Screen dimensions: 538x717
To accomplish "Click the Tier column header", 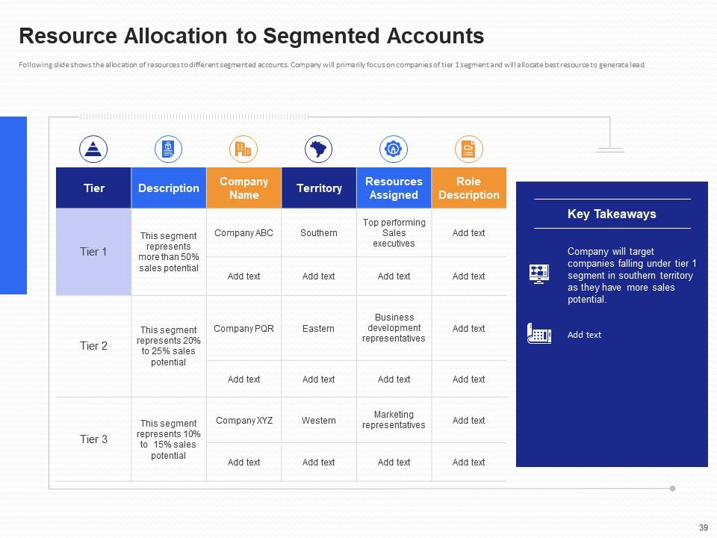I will click(93, 188).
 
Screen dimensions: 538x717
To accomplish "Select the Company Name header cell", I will click(243, 188).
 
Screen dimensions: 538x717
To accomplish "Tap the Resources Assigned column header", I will click(394, 188).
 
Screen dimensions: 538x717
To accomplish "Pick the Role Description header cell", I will click(468, 188).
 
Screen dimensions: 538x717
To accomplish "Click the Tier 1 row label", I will click(93, 252).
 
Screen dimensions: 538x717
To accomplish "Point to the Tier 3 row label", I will click(93, 439).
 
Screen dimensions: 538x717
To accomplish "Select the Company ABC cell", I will click(243, 233).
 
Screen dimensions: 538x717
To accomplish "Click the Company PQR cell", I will click(243, 329).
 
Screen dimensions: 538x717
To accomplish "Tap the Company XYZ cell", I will click(243, 421).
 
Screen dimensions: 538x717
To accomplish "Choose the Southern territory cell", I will click(319, 233).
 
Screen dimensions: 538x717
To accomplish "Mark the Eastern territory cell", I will click(319, 329).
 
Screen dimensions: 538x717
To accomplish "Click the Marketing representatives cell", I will click(394, 420).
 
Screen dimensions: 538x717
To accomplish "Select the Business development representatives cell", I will click(394, 328).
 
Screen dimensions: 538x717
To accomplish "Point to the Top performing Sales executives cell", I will click(394, 233).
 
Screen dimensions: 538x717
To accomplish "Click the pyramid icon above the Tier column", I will click(93, 149).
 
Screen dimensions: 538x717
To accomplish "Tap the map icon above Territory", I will click(319, 149).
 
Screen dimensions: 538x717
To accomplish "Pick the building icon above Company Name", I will click(243, 149).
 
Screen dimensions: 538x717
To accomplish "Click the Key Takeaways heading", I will click(612, 214).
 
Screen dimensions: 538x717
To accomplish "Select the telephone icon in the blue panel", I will click(539, 333).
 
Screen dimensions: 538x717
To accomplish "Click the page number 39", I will click(703, 528).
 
